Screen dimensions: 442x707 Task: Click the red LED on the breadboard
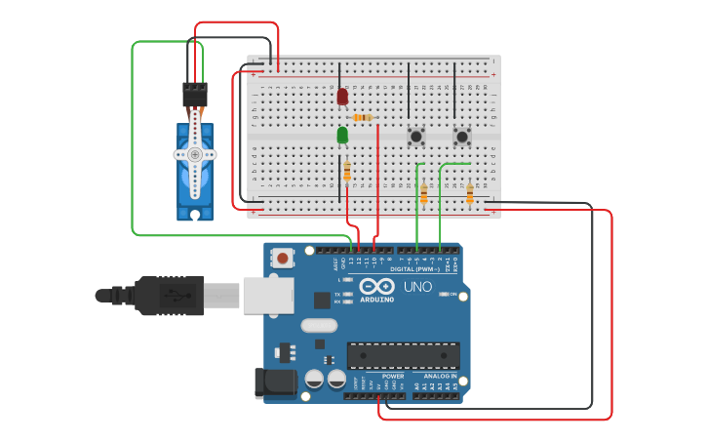342,97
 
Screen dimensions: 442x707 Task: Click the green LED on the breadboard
342,135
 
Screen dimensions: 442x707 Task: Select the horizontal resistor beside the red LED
362,118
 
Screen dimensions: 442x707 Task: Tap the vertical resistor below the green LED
347,172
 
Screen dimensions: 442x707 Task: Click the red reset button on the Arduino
282,259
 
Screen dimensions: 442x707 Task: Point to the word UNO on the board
417,287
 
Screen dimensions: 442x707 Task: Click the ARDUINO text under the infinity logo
376,300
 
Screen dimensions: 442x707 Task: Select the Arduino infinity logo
376,286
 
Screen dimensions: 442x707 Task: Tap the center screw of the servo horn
195,154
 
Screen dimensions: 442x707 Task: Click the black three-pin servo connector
195,95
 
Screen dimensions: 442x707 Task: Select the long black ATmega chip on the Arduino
403,357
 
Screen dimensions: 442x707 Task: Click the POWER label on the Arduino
392,376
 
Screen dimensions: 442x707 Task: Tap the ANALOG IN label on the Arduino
440,376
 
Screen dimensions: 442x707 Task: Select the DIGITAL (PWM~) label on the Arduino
413,268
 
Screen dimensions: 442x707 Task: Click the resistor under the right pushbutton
470,194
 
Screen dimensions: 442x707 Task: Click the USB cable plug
171,295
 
